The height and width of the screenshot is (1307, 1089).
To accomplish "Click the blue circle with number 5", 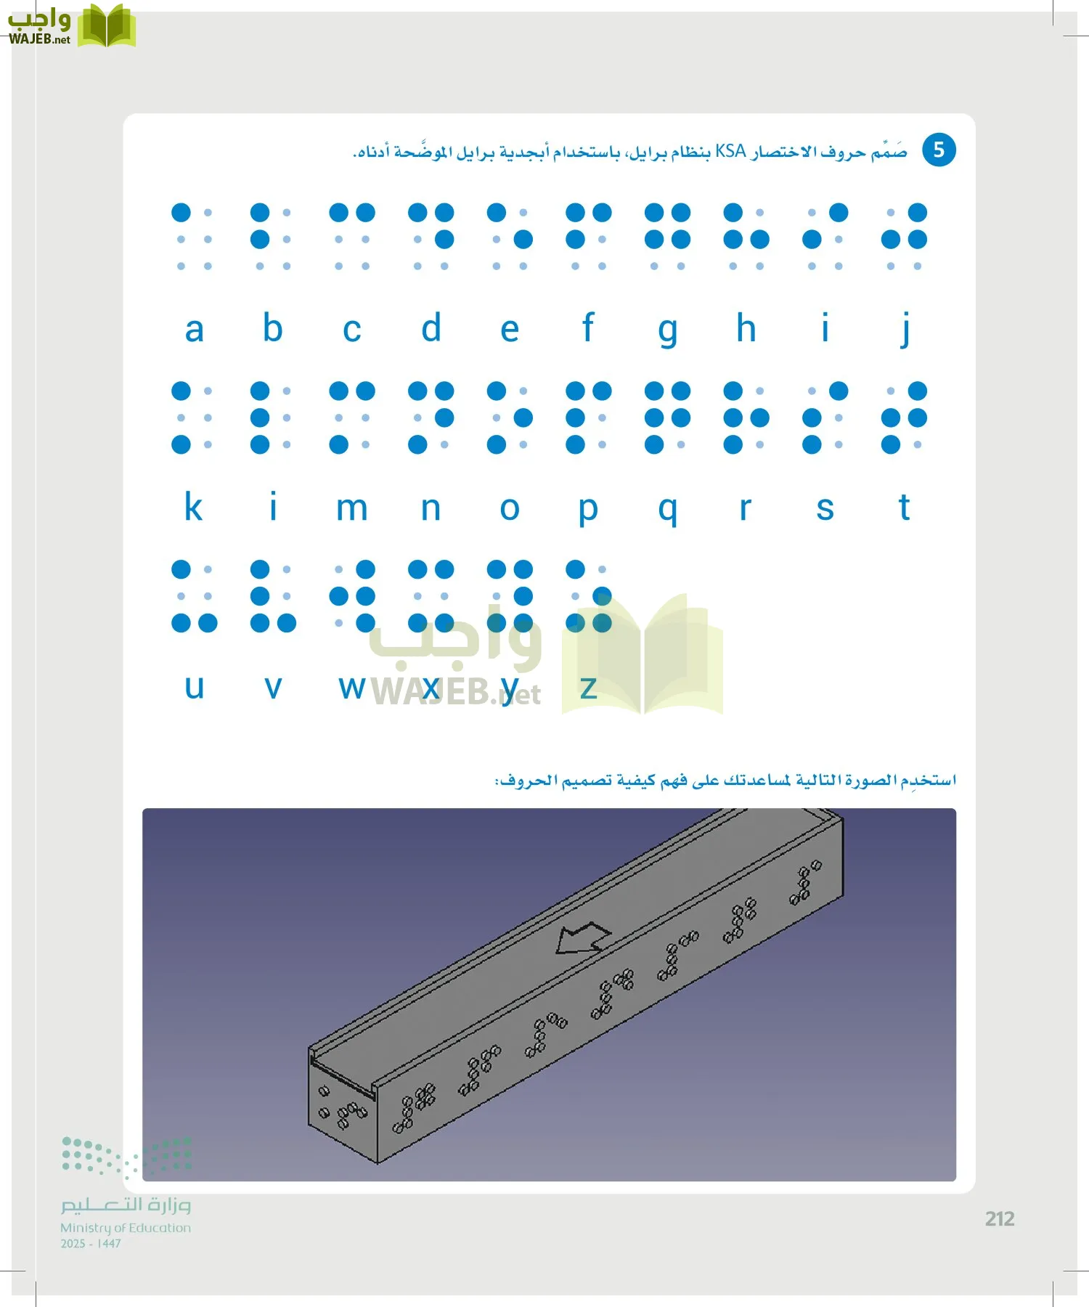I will [x=939, y=150].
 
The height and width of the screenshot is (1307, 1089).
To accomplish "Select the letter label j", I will [x=905, y=329].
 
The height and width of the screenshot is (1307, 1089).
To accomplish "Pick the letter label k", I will [x=193, y=507].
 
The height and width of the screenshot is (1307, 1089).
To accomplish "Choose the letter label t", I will [x=904, y=507].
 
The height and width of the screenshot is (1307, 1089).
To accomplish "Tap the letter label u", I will [x=194, y=687].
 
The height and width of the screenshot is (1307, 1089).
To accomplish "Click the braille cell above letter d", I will [x=431, y=239].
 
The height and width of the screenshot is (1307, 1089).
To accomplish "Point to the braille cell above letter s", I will [x=825, y=418].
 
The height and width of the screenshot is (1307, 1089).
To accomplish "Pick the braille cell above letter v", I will [x=273, y=595].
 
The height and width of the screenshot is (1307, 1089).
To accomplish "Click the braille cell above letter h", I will [x=746, y=239].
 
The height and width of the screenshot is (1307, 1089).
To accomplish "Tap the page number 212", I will [x=1000, y=1219].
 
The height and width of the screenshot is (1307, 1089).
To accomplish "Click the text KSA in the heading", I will [x=730, y=152].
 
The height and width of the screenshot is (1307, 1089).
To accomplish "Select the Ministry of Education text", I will [x=126, y=1228].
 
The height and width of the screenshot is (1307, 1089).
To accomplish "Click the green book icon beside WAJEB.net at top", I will [x=106, y=26].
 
